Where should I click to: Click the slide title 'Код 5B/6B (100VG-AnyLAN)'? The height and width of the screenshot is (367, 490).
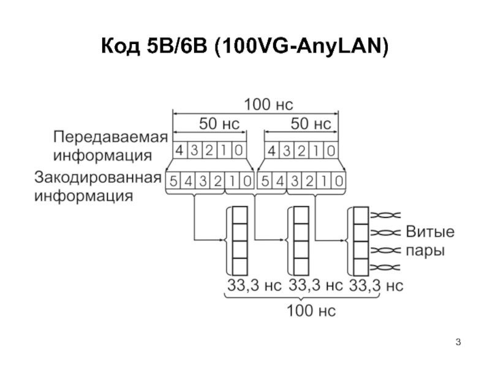pos(245,46)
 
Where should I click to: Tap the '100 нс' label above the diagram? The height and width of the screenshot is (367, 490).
pos(268,105)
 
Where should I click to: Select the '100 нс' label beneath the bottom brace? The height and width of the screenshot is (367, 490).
pos(311,311)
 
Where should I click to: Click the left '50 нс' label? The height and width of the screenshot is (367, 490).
pos(219,124)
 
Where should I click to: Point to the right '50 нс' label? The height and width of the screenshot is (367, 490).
pos(311,124)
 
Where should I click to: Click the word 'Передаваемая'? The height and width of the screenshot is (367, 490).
pos(111,137)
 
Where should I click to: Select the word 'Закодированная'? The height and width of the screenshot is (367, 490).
pos(98,177)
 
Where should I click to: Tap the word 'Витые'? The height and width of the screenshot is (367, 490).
pos(430,232)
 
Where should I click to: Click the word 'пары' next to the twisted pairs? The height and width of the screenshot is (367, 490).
pos(425,251)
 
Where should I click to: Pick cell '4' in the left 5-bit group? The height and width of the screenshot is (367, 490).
pos(179,150)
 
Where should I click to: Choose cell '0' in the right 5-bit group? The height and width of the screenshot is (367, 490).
pos(331,150)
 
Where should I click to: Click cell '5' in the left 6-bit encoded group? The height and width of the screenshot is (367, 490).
pos(173,180)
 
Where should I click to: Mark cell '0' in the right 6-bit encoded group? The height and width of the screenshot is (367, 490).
pos(339,180)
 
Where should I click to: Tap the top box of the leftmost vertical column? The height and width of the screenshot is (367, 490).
pos(240,215)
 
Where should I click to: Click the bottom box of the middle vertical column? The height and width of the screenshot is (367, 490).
pos(301,267)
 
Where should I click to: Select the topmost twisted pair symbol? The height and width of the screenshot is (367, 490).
pos(385,215)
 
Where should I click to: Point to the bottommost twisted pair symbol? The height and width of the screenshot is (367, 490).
pos(385,267)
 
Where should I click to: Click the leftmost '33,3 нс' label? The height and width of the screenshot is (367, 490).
pos(254,285)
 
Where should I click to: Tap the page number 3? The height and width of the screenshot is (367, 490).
pos(458,342)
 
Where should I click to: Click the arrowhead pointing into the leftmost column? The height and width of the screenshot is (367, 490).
pos(223,240)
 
